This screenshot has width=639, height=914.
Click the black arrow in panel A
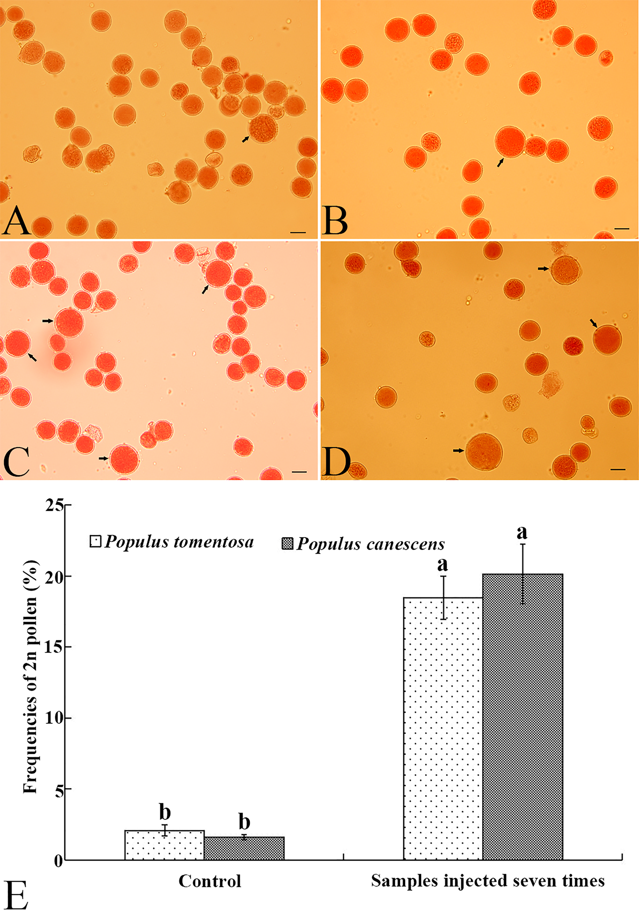tap(245, 139)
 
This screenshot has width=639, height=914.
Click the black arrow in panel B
tap(500, 162)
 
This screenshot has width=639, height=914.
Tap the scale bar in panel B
tap(621, 229)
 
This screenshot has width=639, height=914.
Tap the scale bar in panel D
tap(617, 469)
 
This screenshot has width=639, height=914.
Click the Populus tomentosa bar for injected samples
tap(443, 729)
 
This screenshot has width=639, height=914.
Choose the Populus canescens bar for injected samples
tap(522, 717)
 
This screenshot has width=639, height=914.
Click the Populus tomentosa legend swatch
tap(95, 541)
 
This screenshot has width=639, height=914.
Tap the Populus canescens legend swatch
tap(287, 543)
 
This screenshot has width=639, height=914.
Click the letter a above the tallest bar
tap(522, 532)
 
